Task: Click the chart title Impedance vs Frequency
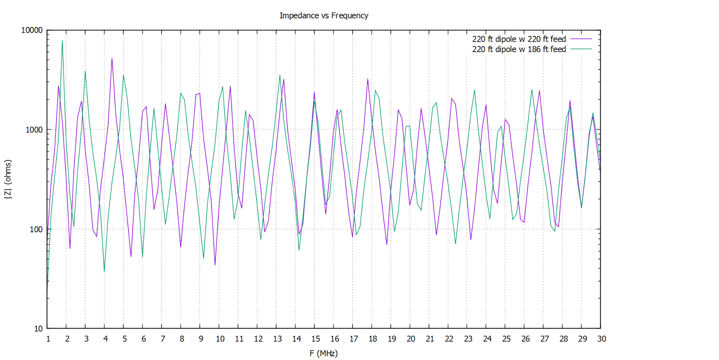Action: [x=324, y=16]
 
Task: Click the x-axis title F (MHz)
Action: [x=324, y=353]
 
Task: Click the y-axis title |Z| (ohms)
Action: [x=8, y=179]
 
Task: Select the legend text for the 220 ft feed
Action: [x=519, y=39]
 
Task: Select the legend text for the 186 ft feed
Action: [x=519, y=49]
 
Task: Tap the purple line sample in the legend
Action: [x=581, y=39]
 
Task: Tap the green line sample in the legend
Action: [x=581, y=49]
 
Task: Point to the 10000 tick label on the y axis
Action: [x=32, y=30]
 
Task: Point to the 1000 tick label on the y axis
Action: [x=34, y=130]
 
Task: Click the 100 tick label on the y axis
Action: [x=36, y=229]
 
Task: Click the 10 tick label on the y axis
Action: [x=38, y=329]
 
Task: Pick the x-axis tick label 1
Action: [x=48, y=339]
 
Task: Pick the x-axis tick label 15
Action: [x=315, y=339]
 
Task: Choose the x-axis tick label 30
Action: [x=601, y=339]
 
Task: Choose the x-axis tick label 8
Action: [x=182, y=339]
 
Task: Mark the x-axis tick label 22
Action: [x=449, y=339]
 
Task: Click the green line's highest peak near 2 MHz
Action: [x=62, y=41]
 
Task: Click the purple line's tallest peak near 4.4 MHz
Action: [x=112, y=58]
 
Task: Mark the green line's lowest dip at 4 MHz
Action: [x=104, y=271]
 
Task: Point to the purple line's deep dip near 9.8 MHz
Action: [x=215, y=265]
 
